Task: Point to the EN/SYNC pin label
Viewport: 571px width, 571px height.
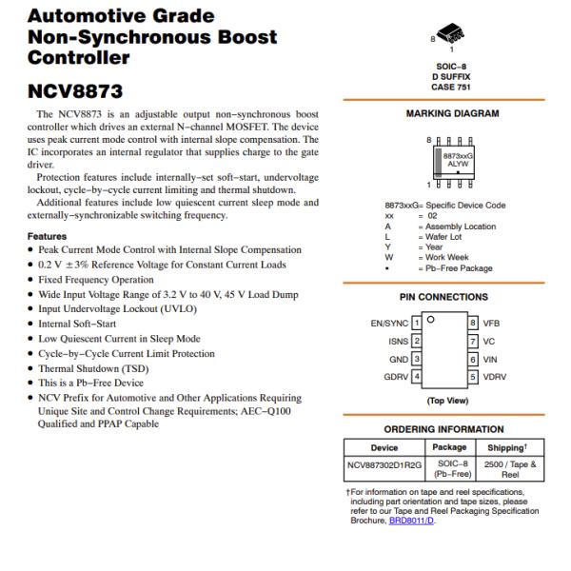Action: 389,324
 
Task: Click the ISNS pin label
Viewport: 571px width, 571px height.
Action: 398,341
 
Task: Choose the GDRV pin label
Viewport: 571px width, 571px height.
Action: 396,377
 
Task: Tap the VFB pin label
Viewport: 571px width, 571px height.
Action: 491,324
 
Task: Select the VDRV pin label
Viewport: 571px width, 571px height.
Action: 495,377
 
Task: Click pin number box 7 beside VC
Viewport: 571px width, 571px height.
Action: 471,341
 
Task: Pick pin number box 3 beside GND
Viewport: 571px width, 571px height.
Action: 417,359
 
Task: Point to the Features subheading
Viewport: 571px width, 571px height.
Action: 48,235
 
